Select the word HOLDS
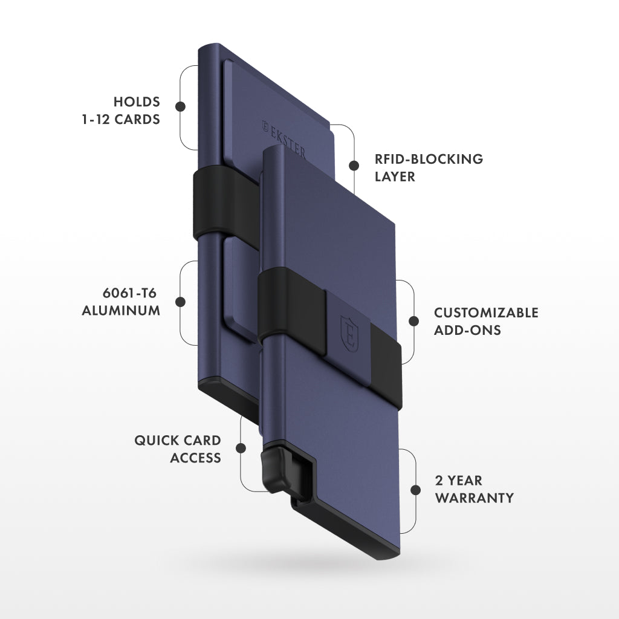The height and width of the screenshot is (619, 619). pos(137,102)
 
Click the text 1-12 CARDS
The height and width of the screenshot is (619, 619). pos(121,119)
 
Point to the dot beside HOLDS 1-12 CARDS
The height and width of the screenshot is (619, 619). pos(180,106)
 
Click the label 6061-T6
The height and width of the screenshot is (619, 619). pos(130,293)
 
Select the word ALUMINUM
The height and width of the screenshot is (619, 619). pos(121,311)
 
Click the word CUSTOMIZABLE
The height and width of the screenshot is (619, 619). pos(486,313)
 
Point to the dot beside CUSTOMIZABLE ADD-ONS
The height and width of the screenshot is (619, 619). pos(414,321)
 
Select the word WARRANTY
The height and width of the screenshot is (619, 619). pos(475,498)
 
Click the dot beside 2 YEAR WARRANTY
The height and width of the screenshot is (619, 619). pos(415,489)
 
